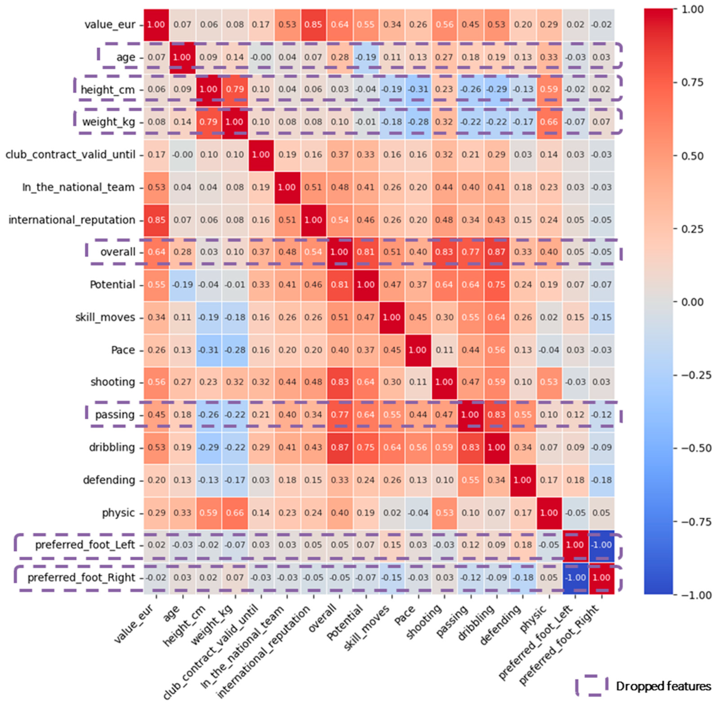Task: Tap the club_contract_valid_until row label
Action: (70, 155)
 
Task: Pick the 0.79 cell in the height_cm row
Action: (235, 89)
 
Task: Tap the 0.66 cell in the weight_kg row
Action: (549, 122)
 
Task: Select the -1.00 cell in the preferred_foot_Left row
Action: (601, 545)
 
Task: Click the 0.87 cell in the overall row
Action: (496, 252)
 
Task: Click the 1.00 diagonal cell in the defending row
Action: (522, 480)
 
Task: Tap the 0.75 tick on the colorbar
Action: (692, 82)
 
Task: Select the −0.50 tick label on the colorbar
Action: (692, 448)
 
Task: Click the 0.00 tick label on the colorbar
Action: (692, 302)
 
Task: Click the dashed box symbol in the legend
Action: (592, 686)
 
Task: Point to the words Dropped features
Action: (663, 686)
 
